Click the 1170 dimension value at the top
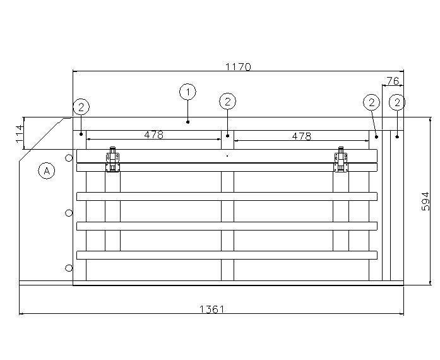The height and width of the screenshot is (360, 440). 238,67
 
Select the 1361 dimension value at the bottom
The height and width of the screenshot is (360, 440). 212,309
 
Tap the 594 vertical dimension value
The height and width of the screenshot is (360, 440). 425,201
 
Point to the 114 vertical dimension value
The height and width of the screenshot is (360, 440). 20,134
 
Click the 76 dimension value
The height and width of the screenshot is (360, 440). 393,81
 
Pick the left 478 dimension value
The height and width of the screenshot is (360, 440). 153,135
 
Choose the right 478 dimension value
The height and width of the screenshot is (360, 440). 302,136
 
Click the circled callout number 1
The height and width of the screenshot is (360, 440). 187,92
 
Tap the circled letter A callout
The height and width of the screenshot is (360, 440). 47,171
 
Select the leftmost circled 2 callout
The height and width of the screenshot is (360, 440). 81,107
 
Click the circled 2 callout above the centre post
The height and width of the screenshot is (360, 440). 228,102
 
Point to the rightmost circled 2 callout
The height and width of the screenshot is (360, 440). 397,102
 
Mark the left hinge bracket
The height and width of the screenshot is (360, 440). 113,159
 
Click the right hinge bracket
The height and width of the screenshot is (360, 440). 342,159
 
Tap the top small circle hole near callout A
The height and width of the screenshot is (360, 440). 69,158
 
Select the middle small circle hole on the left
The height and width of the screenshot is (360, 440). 69,213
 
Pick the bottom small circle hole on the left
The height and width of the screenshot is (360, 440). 69,268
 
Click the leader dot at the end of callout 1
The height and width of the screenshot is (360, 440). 188,122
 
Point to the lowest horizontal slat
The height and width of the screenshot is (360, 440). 227,255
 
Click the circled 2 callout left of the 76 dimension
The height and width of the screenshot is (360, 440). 372,102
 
